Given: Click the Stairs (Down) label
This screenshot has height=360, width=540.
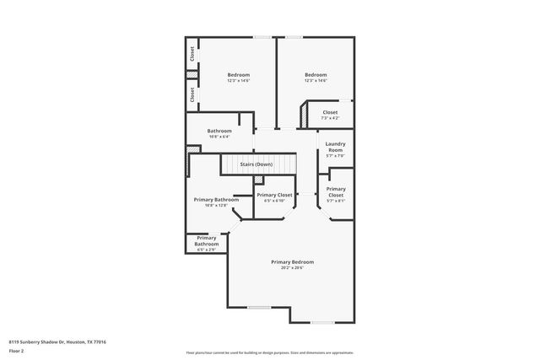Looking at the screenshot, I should click(256, 164).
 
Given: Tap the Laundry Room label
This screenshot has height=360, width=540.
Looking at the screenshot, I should click(335, 147).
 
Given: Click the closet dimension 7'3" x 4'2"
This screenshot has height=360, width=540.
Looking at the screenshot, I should click(329, 117).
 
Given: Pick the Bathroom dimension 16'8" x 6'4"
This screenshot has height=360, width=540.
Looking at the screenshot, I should click(219, 137).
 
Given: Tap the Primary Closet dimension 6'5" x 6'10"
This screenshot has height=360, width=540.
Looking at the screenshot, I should click(274, 201).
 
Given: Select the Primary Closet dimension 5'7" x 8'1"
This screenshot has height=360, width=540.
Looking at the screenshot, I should click(335, 201).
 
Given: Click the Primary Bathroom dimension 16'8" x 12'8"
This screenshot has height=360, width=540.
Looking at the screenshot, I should click(210, 205).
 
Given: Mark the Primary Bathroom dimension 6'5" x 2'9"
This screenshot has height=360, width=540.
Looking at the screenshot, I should click(207, 250).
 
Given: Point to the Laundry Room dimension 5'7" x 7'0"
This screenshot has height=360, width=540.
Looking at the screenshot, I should click(335, 155).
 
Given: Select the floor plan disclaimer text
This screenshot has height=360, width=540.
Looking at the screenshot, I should click(270, 352).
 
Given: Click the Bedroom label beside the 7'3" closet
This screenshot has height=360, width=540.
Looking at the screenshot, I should click(316, 75).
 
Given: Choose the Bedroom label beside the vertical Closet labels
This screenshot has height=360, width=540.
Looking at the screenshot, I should click(238, 75).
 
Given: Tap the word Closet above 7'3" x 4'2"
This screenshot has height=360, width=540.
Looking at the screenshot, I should click(329, 111).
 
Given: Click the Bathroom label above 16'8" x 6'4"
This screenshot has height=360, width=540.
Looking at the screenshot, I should click(219, 131).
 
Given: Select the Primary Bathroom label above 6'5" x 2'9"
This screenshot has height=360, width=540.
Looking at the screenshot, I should click(207, 241).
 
